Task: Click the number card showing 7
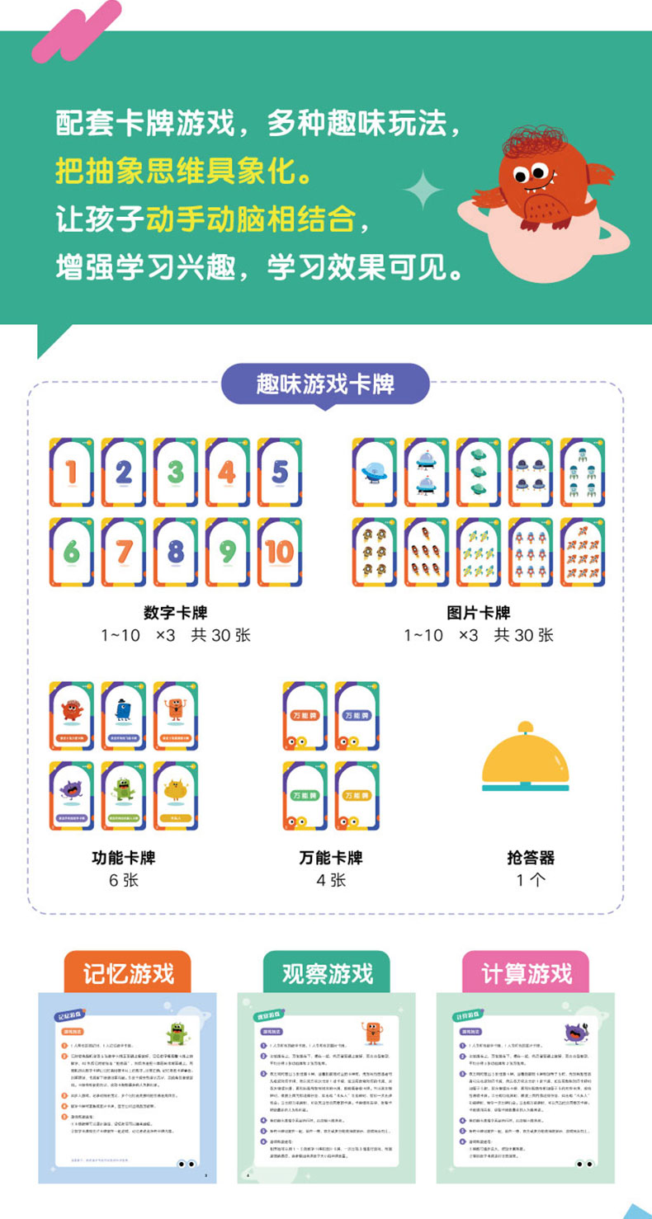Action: coord(123,552)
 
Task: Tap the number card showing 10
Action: coord(280,552)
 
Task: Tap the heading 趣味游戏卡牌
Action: coord(325,384)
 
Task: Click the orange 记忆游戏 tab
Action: coord(128,972)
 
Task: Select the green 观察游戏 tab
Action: coord(327,973)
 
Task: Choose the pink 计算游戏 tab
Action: coord(526,972)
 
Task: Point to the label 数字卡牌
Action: coord(175,613)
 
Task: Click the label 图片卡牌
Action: coord(479,613)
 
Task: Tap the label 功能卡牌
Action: coord(124,858)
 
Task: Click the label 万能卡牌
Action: coord(331,858)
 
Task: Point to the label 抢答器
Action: coord(531,858)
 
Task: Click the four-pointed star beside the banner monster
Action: coord(423,191)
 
